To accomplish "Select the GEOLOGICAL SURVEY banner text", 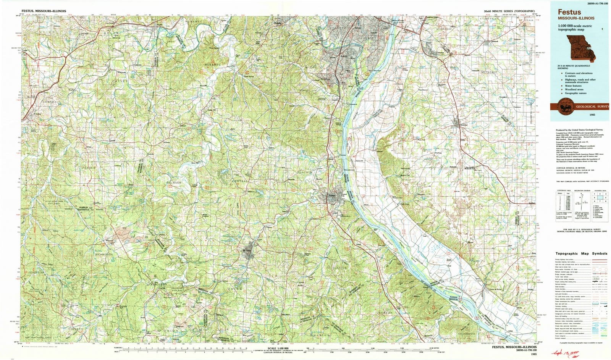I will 592,107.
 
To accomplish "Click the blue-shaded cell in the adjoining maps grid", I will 599,197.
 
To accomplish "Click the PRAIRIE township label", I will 87,168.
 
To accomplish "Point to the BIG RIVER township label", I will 174,183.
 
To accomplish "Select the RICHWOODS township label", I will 104,254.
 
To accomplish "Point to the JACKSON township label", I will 385,313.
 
